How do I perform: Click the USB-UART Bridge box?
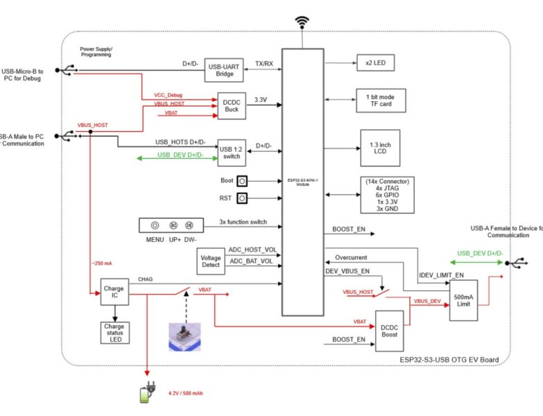[x=223, y=70]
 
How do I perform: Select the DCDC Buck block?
[x=232, y=106]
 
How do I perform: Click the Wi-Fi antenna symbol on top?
[x=302, y=24]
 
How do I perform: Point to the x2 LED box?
[x=375, y=63]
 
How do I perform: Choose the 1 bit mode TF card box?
[x=380, y=101]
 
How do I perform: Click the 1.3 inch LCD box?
[x=380, y=148]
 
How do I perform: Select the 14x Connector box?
[x=388, y=195]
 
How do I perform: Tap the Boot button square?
[x=242, y=181]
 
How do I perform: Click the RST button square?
[x=242, y=199]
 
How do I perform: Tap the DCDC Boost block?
[x=390, y=329]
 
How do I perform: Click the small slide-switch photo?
[x=186, y=337]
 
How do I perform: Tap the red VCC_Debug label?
[x=167, y=95]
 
